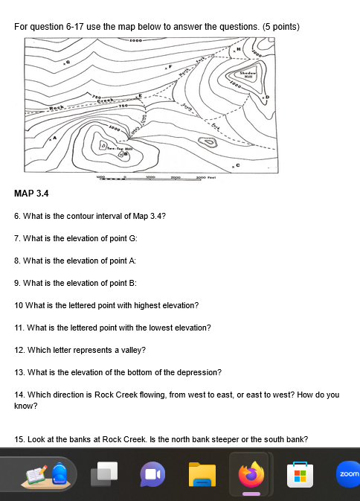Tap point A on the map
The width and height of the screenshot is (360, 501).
(53, 138)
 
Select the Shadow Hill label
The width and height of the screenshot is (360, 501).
(248, 75)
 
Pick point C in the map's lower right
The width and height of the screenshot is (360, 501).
(239, 163)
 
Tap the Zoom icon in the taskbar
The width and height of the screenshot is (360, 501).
(347, 473)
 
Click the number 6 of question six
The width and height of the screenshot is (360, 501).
(16, 216)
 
